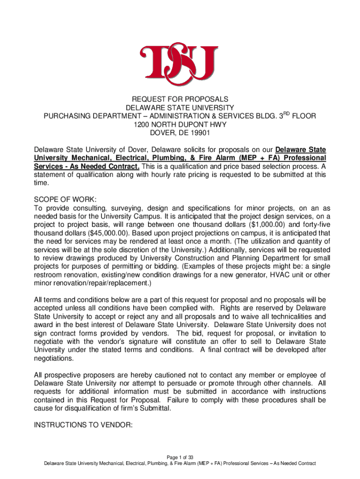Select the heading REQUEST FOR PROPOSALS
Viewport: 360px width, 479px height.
coord(180,99)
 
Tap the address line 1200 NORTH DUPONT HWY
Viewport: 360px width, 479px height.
coord(180,124)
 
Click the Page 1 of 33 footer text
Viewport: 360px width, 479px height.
coord(180,457)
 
